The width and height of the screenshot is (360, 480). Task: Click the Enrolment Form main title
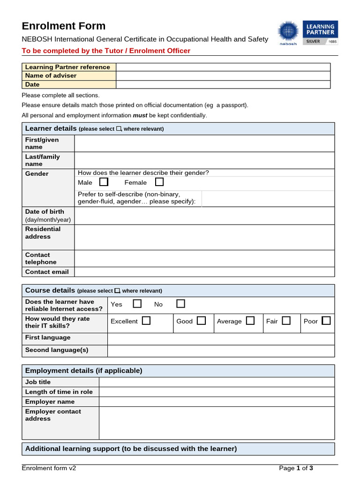click(x=64, y=26)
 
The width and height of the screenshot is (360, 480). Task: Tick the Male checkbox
click(x=104, y=182)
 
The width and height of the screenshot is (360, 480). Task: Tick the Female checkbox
click(x=159, y=182)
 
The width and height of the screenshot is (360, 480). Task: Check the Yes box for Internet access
click(x=137, y=304)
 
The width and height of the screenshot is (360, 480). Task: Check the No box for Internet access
click(x=180, y=304)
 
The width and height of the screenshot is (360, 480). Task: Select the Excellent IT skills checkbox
click(x=146, y=321)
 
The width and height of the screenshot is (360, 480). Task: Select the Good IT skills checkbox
click(x=202, y=321)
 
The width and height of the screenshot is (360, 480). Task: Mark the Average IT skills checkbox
click(x=250, y=321)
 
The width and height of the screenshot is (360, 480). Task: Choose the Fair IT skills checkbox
click(x=286, y=321)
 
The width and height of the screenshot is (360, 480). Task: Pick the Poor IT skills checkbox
click(x=326, y=321)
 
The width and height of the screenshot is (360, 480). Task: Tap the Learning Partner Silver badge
click(x=321, y=32)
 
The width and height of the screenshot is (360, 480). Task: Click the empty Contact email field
click(x=204, y=272)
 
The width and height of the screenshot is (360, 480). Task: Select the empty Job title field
click(x=217, y=382)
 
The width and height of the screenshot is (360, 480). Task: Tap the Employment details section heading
click(x=83, y=371)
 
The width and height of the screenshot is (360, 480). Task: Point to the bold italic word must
click(x=140, y=115)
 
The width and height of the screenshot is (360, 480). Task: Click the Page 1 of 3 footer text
click(x=296, y=468)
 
